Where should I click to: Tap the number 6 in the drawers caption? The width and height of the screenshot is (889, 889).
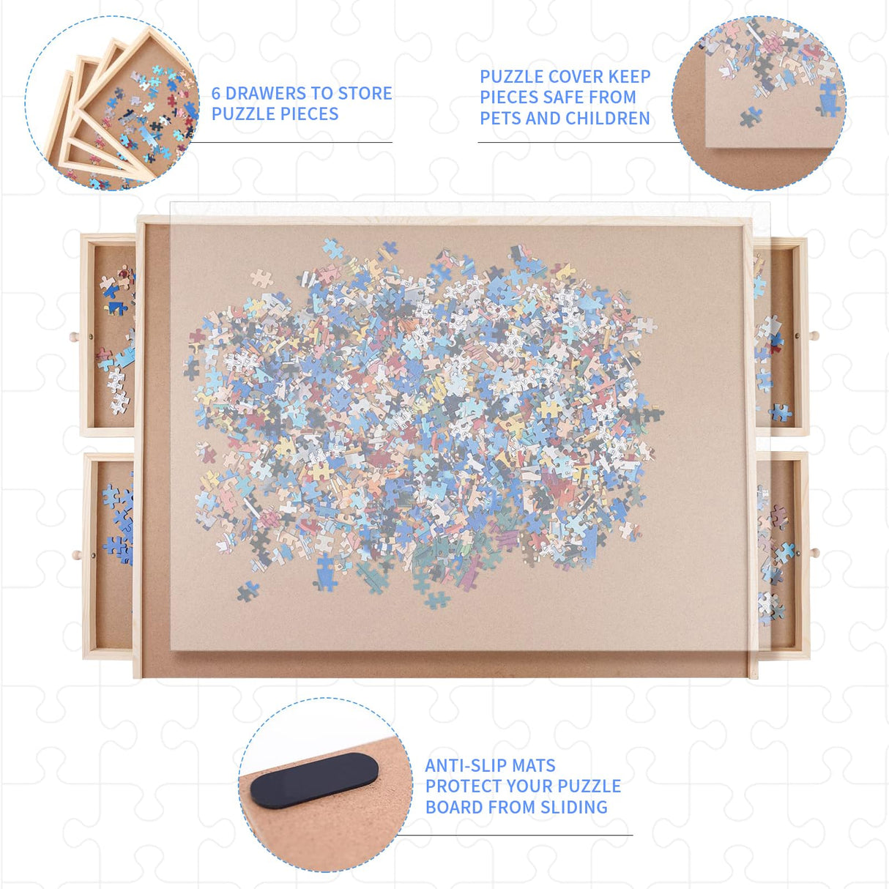click(x=216, y=94)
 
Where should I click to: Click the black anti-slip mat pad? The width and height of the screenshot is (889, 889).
click(x=315, y=781)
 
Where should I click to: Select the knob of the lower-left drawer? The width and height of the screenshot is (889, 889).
click(x=75, y=555)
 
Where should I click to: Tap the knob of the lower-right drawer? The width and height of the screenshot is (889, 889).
click(x=814, y=552)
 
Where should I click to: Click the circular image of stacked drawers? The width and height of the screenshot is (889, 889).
click(x=111, y=103)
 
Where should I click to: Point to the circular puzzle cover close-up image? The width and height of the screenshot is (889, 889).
click(x=759, y=103)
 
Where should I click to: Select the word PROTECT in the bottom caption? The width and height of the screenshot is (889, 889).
click(x=468, y=786)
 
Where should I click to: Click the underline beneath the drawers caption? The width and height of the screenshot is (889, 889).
click(x=293, y=142)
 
